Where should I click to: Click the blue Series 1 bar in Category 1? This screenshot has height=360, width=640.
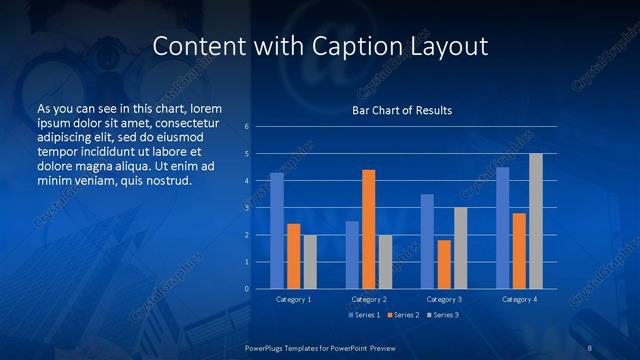pyautogui.click(x=277, y=231)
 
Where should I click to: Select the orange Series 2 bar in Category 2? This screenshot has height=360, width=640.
pyautogui.click(x=369, y=229)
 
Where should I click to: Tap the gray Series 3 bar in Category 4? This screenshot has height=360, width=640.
pyautogui.click(x=536, y=221)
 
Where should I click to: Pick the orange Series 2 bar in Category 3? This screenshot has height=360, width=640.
pyautogui.click(x=444, y=264)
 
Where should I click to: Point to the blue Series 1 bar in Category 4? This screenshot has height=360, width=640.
pyautogui.click(x=503, y=228)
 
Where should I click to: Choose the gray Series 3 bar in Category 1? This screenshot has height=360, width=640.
pyautogui.click(x=310, y=262)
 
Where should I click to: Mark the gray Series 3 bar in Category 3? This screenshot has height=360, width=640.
pyautogui.click(x=460, y=248)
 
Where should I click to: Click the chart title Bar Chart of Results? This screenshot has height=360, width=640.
pyautogui.click(x=402, y=110)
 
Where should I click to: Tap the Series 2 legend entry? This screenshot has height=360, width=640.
pyautogui.click(x=403, y=315)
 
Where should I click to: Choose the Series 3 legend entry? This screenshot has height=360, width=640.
pyautogui.click(x=444, y=315)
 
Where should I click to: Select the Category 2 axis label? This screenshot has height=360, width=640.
pyautogui.click(x=369, y=299)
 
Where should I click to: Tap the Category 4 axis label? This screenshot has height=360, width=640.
pyautogui.click(x=519, y=299)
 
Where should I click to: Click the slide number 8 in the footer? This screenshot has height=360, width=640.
pyautogui.click(x=590, y=346)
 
